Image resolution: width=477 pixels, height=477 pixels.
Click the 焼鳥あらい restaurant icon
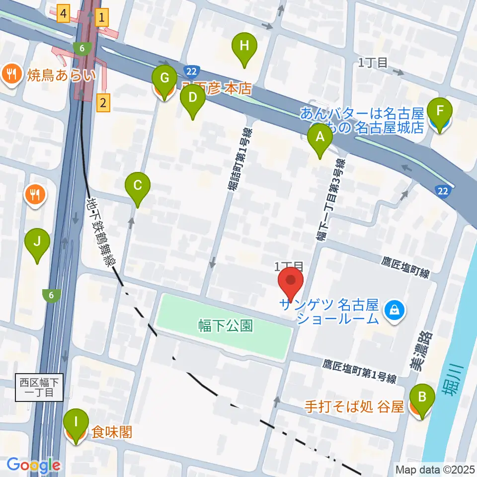(10, 75)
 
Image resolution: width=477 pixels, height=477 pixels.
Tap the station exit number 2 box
(102, 103)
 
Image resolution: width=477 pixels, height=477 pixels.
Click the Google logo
(33, 465)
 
